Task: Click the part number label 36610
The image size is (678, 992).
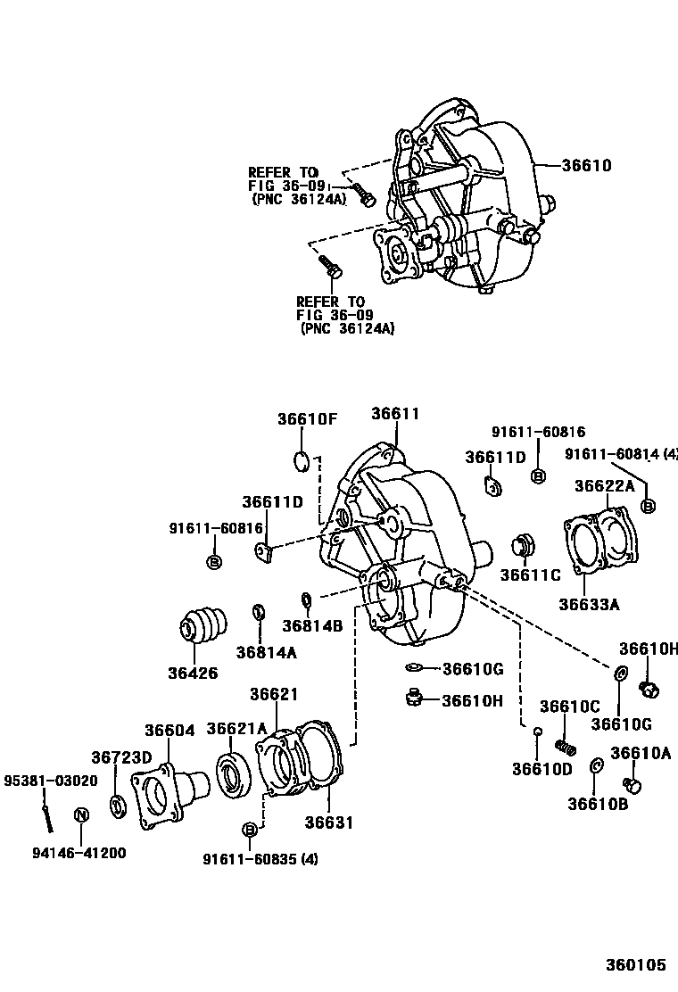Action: pyautogui.click(x=586, y=165)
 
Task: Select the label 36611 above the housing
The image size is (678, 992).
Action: pyautogui.click(x=394, y=414)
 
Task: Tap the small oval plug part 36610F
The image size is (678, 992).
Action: pyautogui.click(x=302, y=460)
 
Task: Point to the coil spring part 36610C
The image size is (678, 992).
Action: pyautogui.click(x=564, y=744)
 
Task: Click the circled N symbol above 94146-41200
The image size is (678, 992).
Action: pyautogui.click(x=80, y=814)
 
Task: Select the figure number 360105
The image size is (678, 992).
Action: pyautogui.click(x=637, y=965)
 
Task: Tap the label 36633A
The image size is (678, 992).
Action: pyautogui.click(x=589, y=604)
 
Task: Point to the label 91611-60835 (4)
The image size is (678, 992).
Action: pyautogui.click(x=260, y=859)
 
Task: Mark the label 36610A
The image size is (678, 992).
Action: pyautogui.click(x=641, y=753)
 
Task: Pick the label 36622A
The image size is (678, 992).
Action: pyautogui.click(x=604, y=485)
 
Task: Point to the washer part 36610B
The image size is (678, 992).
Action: pyautogui.click(x=597, y=766)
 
